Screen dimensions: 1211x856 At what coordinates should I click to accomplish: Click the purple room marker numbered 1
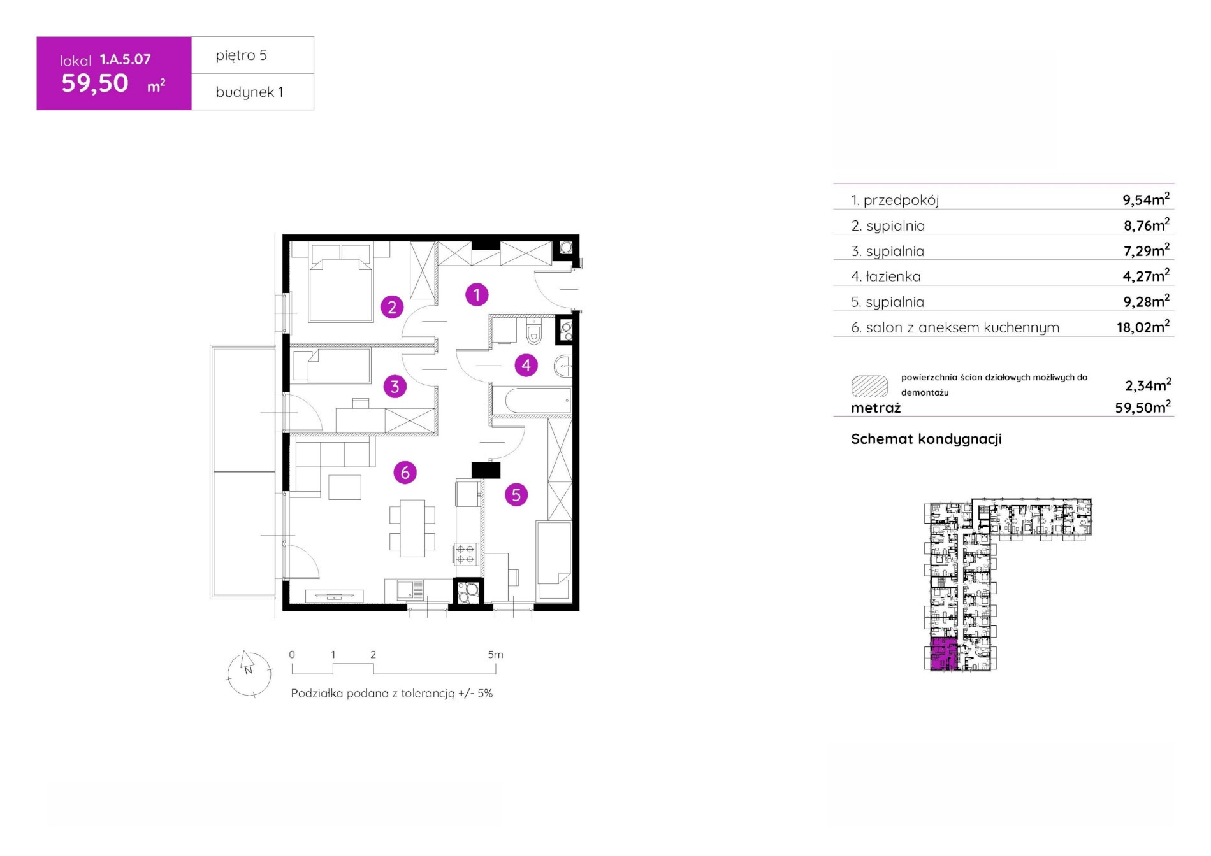coord(477,295)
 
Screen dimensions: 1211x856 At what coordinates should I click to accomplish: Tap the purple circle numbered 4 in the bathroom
coord(526,365)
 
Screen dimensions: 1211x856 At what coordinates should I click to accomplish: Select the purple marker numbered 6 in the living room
coord(405,473)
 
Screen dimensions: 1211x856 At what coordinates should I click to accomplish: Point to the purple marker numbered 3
coord(395,386)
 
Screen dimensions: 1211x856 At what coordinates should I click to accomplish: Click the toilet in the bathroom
coord(534,332)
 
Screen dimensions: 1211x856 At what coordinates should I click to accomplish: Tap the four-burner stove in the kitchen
coord(465,553)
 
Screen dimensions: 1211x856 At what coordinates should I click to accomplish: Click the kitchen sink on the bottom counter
coord(410,590)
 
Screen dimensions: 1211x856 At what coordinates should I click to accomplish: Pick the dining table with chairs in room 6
coord(412,528)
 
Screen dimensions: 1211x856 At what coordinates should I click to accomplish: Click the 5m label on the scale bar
coord(495,655)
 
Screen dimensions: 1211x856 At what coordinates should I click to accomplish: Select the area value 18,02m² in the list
coord(1143,327)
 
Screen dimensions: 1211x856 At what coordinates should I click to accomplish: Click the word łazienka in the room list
coord(893,276)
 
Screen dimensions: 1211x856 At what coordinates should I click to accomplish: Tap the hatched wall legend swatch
coord(869,386)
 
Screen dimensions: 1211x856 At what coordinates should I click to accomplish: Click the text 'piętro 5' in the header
coord(241,55)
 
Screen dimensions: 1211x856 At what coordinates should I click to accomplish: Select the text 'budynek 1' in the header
coord(249,92)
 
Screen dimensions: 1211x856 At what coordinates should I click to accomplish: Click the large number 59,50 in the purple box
coord(95,83)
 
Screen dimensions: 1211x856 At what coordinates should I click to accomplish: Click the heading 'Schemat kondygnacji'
coord(926,439)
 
